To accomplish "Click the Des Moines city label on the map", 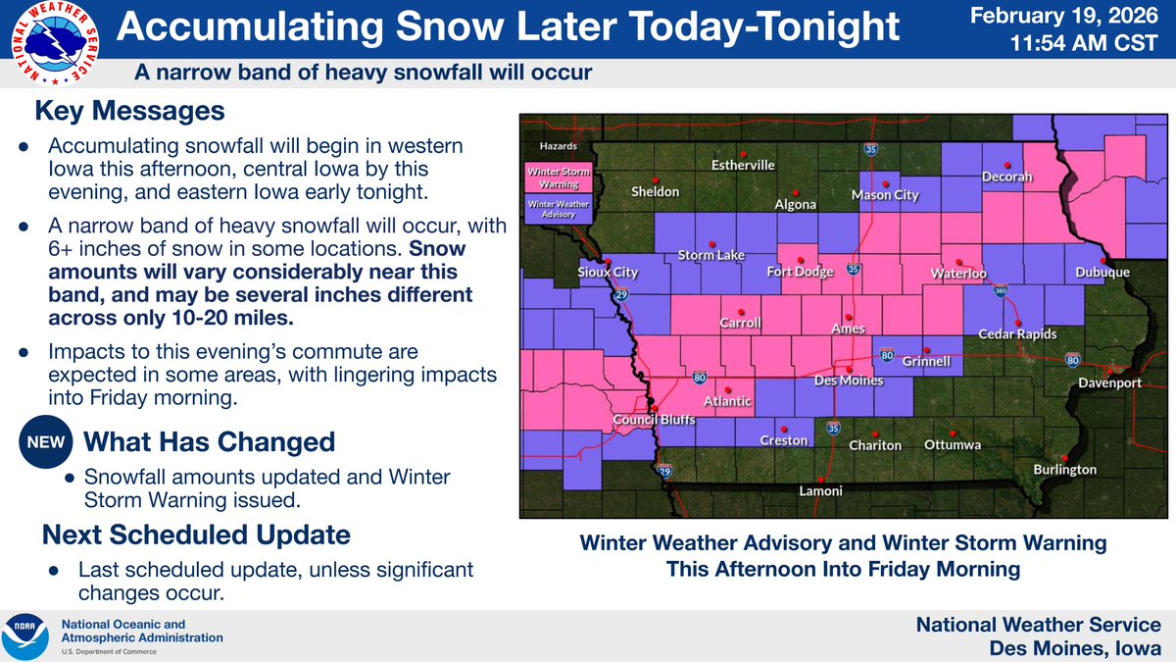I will (850, 381).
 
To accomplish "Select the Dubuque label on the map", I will (1102, 273).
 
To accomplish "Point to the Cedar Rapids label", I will (1018, 334).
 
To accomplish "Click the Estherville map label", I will (743, 165).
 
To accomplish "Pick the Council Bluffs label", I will (654, 420).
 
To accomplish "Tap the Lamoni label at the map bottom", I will (820, 490).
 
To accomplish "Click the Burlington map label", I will (1065, 470).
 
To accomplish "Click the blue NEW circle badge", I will (44, 442).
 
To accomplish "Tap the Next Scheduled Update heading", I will (195, 535).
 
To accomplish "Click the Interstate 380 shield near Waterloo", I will (1000, 291).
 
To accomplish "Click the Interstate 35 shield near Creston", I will (833, 428).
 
